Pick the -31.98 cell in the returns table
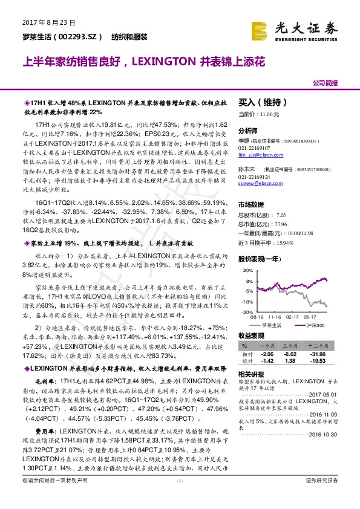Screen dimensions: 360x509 point(334,354)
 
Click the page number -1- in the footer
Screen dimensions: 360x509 point(180,497)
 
